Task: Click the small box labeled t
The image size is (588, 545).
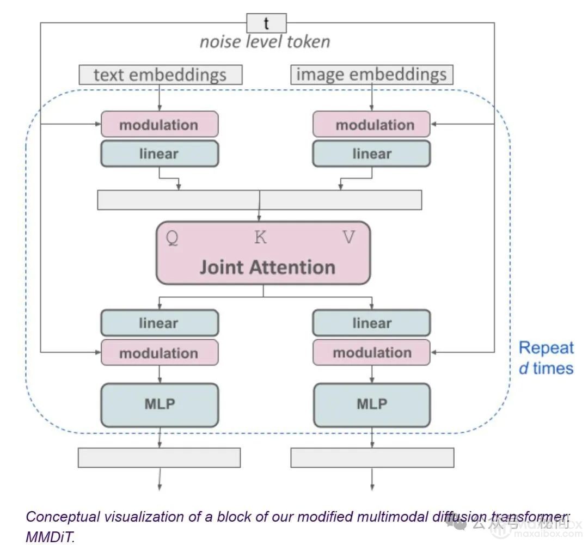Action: coord(266,23)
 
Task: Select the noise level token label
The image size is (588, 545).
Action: coord(265,42)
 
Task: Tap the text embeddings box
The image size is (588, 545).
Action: coord(160,75)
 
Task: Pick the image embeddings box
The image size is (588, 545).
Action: coord(371,75)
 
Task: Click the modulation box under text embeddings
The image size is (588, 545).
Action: coord(159,125)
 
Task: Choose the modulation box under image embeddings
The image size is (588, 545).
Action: coord(371,125)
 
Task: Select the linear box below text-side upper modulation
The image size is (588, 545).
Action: coord(159,154)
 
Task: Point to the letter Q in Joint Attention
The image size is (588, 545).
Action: coord(171,238)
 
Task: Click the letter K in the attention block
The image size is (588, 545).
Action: coord(261,238)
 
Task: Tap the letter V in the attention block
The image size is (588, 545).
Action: coord(349,238)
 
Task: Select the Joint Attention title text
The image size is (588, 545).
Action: coord(267,267)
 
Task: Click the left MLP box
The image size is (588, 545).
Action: coord(159,405)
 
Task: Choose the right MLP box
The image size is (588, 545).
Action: coord(371,405)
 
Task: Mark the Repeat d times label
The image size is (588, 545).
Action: coord(546,358)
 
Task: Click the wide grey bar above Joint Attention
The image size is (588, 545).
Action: coord(259,200)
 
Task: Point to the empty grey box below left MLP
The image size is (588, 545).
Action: coord(159,457)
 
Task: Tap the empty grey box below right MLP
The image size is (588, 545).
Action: coord(372,457)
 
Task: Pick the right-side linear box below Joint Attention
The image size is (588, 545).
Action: coord(371,323)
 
